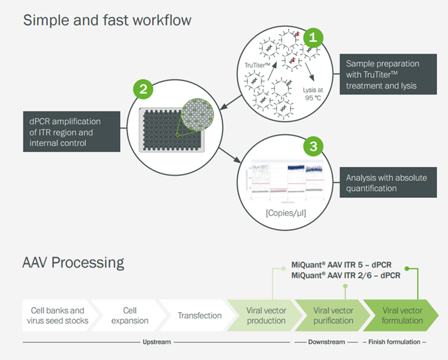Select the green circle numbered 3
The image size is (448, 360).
314,146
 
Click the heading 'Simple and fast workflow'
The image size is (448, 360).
107,20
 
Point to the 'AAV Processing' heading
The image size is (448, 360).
74,262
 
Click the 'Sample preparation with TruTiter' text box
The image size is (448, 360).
388,74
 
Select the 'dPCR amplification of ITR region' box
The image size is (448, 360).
71,131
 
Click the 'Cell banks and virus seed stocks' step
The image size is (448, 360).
57,315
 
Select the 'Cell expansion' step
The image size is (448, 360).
129,315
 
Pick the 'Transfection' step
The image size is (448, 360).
199,315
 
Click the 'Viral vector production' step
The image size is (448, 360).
266,315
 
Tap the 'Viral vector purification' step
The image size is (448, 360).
333,315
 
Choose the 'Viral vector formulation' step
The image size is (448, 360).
402,315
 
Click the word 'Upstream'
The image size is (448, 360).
157,342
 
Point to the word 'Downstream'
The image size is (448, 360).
327,342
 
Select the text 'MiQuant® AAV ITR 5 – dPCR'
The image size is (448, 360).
341,265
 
